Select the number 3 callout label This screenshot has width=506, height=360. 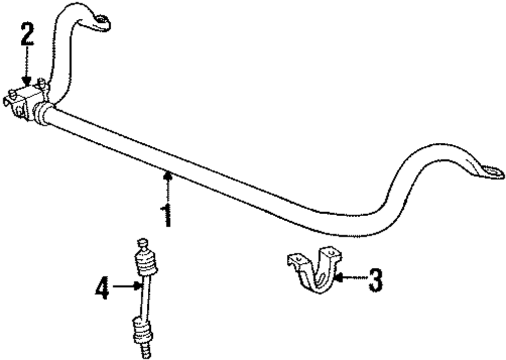coord(374,280)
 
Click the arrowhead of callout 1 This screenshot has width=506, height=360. coord(167,175)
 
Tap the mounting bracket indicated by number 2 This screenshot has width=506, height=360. coord(25,101)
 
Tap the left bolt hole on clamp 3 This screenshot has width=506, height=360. coord(297,260)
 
